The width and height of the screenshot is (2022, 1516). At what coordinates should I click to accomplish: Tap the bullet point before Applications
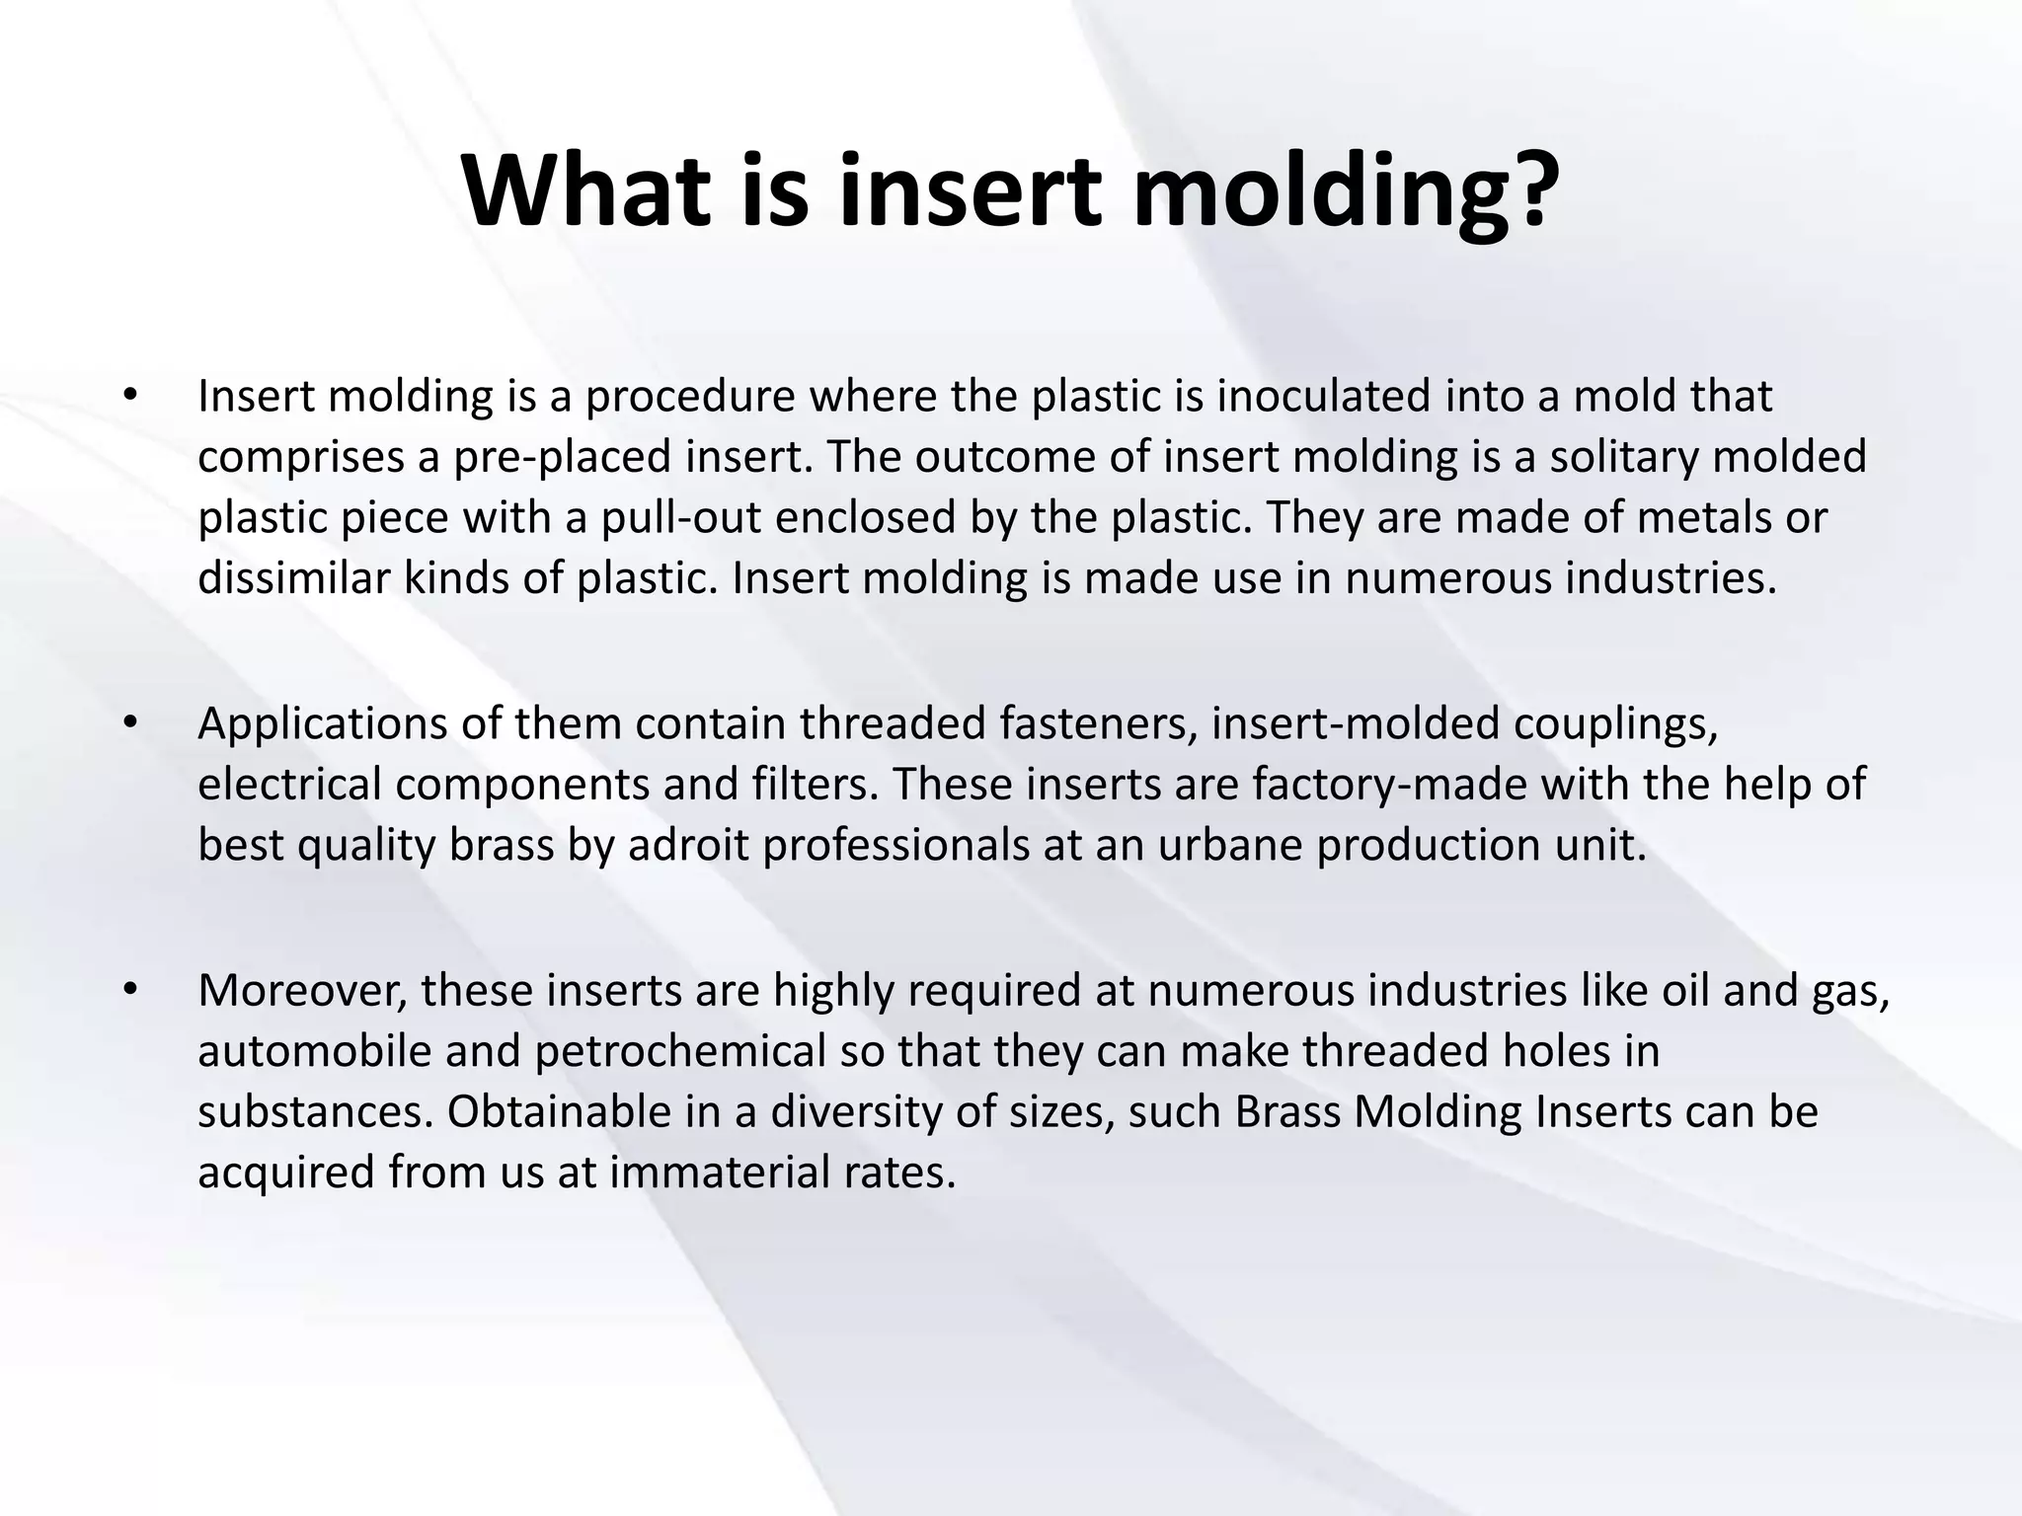pos(128,723)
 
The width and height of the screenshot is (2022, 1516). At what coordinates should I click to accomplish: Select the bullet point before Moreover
pos(128,990)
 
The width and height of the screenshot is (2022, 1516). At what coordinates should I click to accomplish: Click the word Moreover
pos(302,991)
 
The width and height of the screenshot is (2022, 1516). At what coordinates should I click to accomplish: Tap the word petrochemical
pos(680,1052)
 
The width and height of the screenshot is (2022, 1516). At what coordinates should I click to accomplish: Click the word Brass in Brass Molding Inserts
pos(1287,1112)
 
